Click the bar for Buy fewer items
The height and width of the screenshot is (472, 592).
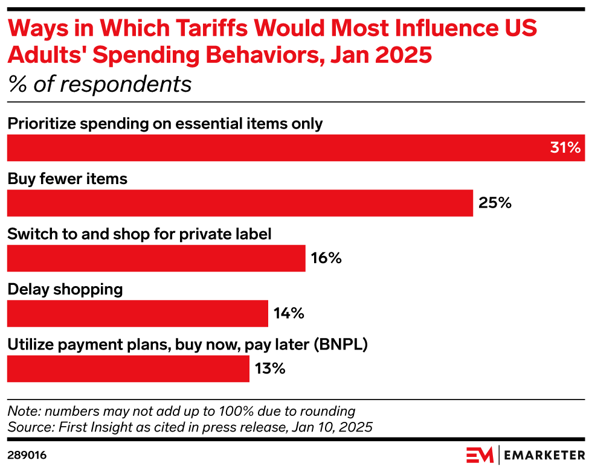(x=240, y=203)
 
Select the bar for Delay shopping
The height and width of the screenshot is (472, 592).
(x=137, y=313)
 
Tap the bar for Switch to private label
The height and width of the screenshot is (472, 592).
(x=156, y=258)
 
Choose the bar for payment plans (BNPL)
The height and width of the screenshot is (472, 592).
(x=128, y=369)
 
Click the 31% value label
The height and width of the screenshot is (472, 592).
(x=565, y=148)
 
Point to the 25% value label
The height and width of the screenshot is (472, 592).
(x=495, y=203)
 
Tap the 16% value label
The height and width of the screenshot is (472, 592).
(x=327, y=258)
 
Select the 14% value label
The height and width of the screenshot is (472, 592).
(x=288, y=314)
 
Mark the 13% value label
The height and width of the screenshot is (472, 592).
(x=269, y=369)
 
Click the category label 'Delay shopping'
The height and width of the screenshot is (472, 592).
(x=65, y=289)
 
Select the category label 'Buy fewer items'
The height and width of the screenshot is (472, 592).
(x=68, y=179)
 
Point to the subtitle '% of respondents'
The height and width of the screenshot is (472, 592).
(x=100, y=84)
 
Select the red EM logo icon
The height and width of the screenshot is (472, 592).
(x=480, y=454)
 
